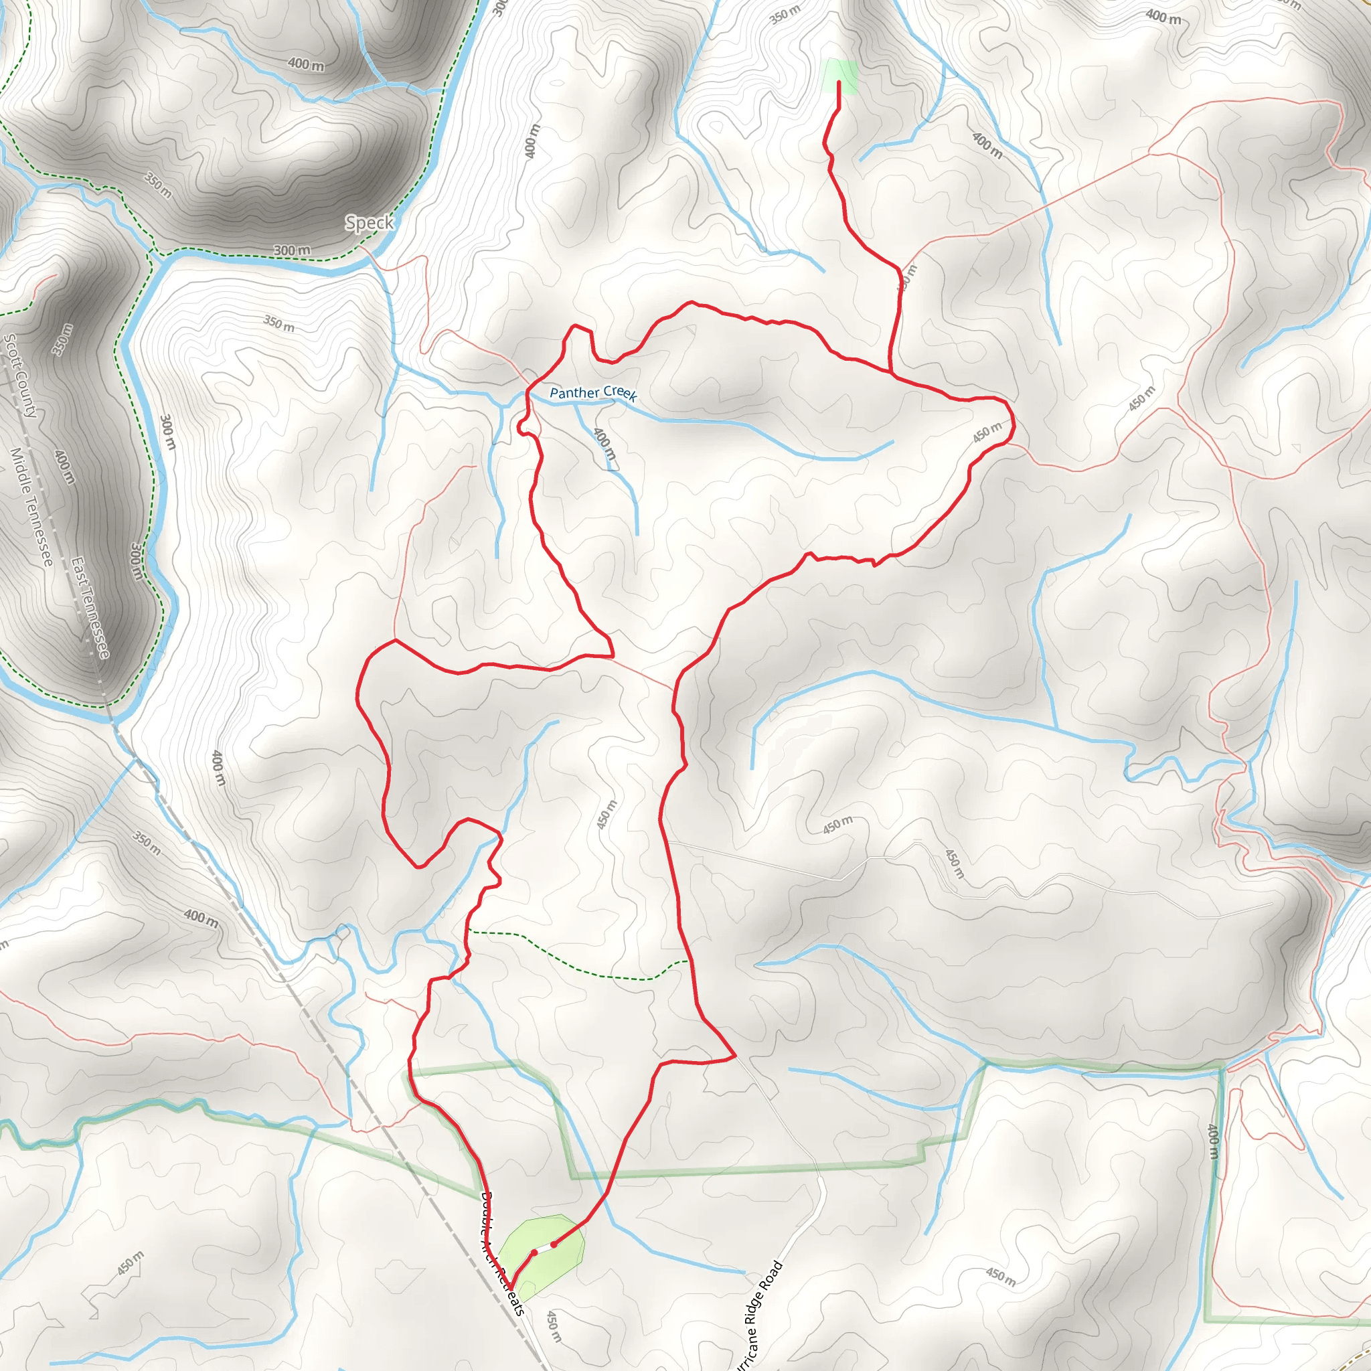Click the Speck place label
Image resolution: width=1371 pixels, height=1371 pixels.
pos(369,223)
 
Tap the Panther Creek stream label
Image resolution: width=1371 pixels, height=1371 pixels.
pos(593,393)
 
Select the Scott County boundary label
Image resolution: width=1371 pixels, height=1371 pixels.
pos(20,376)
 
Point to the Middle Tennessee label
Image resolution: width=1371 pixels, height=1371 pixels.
pos(31,507)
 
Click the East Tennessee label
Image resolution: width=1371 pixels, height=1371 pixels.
pos(90,607)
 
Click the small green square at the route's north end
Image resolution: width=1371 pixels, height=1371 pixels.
pos(839,76)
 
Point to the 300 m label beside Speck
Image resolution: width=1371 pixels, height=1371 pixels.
pos(292,250)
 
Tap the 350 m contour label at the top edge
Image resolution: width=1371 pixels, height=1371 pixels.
pos(785,14)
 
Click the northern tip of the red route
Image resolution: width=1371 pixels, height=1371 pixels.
pos(839,83)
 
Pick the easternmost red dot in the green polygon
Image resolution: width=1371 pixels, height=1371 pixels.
pos(554,1244)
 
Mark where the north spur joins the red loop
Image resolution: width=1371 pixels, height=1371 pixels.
pos(890,370)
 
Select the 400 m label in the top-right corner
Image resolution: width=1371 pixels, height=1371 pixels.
pos(1163,17)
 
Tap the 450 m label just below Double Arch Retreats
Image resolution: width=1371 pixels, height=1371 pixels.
pos(554,1326)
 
